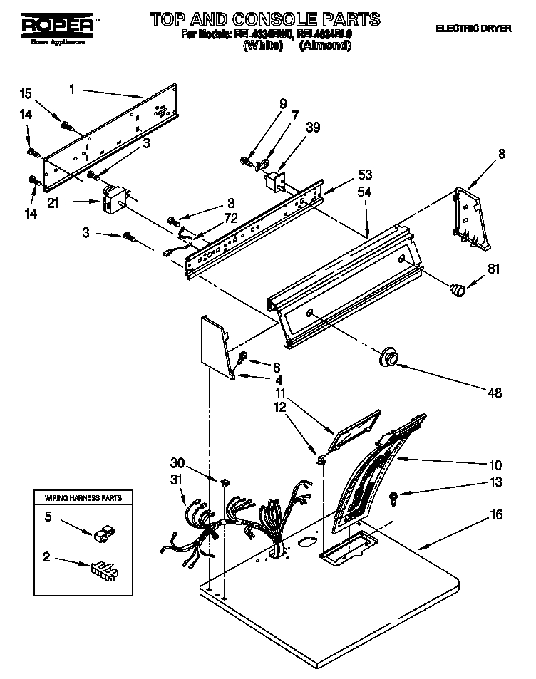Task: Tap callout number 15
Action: pos(25,94)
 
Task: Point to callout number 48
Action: pos(493,393)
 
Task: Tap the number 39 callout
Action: pos(312,128)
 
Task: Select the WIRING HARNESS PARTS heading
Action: pos(84,497)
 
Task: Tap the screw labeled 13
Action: pos(393,497)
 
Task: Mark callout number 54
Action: pos(364,192)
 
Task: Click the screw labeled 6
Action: pos(244,356)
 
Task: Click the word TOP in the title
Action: pos(170,19)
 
